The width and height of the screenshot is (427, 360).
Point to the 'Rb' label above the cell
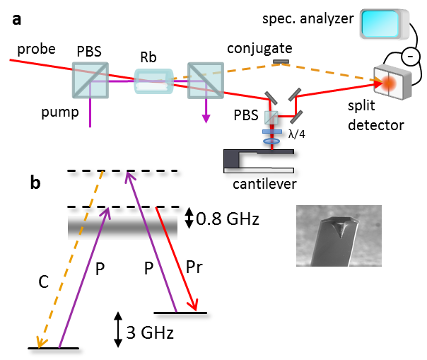[147, 55]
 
